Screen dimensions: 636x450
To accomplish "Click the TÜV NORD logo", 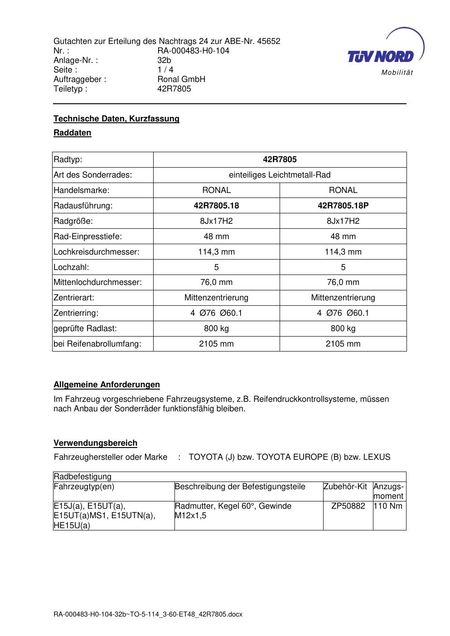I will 381,56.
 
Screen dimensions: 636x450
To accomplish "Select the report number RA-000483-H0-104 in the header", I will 193,51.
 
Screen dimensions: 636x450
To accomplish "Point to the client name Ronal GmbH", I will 181,79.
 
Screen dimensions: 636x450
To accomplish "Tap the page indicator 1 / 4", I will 165,70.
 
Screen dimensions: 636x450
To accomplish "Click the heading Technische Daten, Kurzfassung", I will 116,119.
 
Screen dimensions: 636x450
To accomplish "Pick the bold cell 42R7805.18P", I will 343,206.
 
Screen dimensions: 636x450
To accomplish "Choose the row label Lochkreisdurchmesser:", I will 97,252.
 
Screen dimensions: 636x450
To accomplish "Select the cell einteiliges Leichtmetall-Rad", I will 280,175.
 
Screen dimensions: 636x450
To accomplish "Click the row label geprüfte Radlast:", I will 85,328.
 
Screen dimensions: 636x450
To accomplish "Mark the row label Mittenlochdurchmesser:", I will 97,282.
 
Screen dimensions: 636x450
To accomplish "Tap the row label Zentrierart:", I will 74,298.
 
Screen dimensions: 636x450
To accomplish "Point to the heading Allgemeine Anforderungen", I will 106,385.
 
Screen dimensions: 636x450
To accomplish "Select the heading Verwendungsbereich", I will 95,443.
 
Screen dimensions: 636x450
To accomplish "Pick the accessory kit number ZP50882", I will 348,506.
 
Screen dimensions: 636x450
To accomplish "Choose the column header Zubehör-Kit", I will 345,487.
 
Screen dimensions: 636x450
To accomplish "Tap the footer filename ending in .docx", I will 148,615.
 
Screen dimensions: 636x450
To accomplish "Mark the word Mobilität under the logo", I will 397,73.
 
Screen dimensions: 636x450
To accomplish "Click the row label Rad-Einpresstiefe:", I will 88,236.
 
